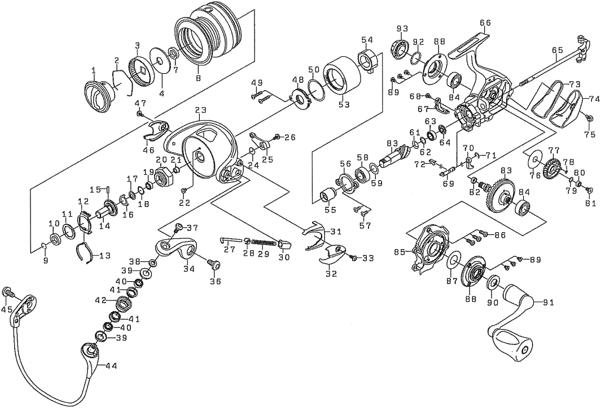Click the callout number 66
(x=485, y=23)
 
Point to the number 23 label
(x=201, y=109)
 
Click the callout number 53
(x=344, y=104)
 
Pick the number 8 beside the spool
(x=198, y=78)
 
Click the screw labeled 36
(x=213, y=264)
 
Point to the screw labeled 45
(x=8, y=292)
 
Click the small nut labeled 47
(x=139, y=114)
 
